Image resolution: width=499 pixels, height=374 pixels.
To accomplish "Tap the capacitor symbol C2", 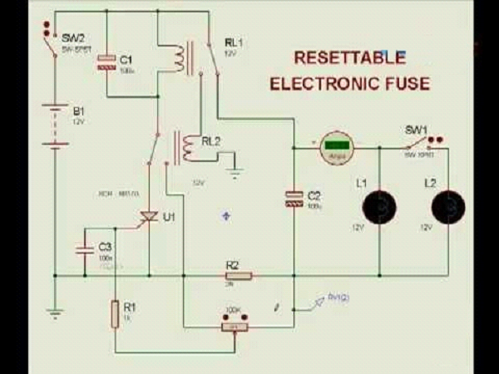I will pyautogui.click(x=294, y=198).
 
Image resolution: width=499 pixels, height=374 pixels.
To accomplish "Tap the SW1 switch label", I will pyautogui.click(x=415, y=130).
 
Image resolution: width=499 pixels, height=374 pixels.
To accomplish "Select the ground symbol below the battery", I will pyautogui.click(x=54, y=314).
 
